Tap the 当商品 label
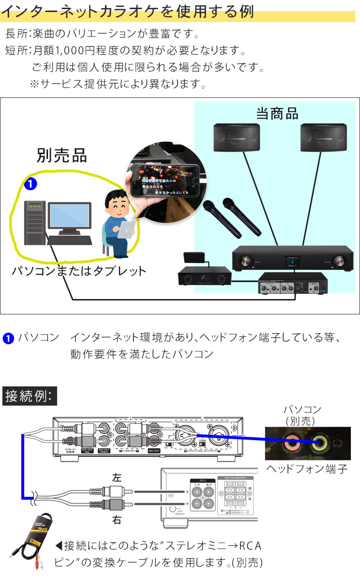tap(277, 114)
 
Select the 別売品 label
tap(62, 155)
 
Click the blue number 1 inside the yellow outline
tap(30, 183)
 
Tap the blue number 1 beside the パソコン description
tap(8, 338)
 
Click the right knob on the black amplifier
tap(341, 261)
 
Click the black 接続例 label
tap(30, 396)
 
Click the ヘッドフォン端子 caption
tap(307, 469)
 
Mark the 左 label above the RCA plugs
tap(117, 478)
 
